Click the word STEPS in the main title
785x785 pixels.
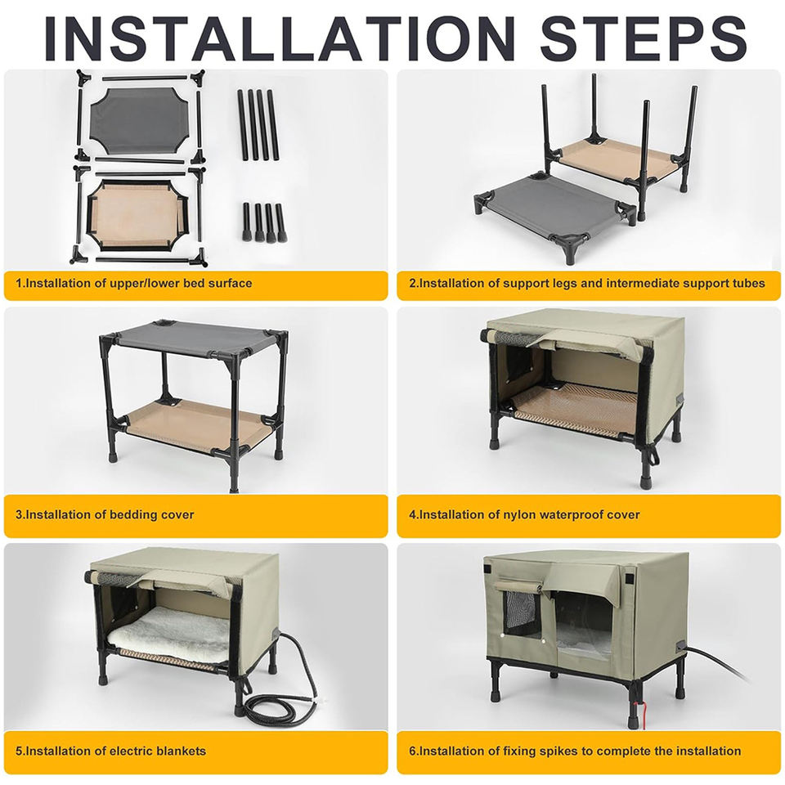tap(644, 38)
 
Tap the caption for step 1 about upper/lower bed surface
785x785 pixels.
tap(133, 284)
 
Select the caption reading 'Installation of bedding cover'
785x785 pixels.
tap(105, 514)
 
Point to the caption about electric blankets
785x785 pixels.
tap(110, 751)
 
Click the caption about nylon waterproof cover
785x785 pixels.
tap(524, 514)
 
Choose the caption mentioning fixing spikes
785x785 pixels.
tap(575, 751)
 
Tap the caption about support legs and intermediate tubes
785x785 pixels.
tap(587, 284)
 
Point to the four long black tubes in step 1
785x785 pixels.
tap(258, 124)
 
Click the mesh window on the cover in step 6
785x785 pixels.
tap(521, 614)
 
